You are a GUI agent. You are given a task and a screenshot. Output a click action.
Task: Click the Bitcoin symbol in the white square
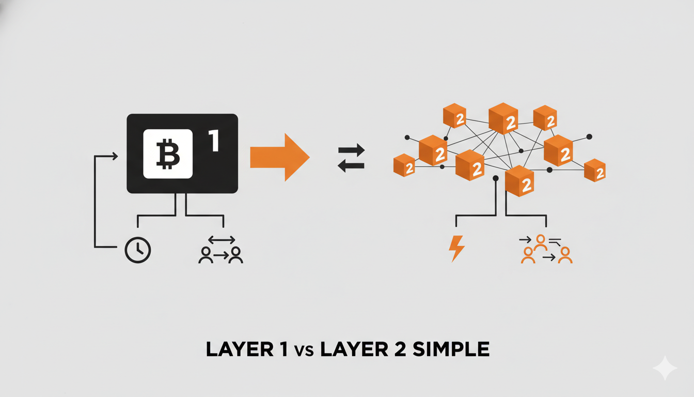pyautogui.click(x=167, y=154)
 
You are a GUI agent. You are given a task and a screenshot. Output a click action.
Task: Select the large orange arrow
pyautogui.click(x=279, y=157)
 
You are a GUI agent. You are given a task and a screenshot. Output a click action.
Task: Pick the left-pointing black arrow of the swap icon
pyautogui.click(x=351, y=166)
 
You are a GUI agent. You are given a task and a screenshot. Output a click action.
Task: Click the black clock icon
pyautogui.click(x=138, y=250)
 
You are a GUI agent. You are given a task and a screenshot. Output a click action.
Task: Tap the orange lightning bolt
pyautogui.click(x=456, y=249)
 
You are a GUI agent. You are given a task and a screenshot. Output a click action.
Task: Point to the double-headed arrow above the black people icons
pyautogui.click(x=221, y=239)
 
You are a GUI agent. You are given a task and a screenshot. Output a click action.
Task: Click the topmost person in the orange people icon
pyautogui.click(x=541, y=241)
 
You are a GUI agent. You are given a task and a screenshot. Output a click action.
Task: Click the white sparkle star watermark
pyautogui.click(x=664, y=368)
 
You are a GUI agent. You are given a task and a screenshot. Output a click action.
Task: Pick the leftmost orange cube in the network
pyautogui.click(x=404, y=165)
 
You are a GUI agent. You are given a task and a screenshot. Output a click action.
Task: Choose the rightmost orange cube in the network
pyautogui.click(x=594, y=170)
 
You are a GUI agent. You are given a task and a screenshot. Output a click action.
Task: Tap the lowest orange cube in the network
pyautogui.click(x=519, y=181)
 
